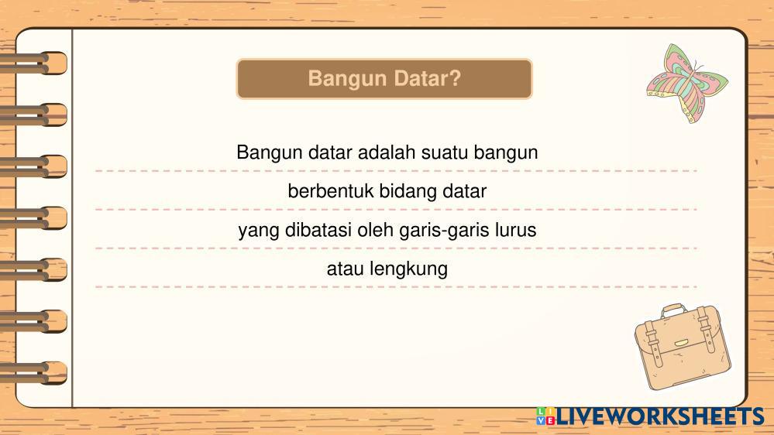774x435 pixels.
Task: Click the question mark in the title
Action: tap(454, 78)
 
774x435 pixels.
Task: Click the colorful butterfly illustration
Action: tap(687, 83)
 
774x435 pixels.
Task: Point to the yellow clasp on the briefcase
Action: tap(682, 343)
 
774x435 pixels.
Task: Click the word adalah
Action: tap(387, 152)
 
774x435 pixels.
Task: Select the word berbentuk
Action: tap(331, 191)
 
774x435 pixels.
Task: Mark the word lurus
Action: tap(516, 230)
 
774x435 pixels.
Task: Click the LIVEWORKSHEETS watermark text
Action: tap(660, 416)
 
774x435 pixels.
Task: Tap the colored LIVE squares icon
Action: tap(545, 416)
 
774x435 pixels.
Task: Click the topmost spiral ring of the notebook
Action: tap(33, 63)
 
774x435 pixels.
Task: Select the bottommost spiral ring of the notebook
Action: tap(33, 373)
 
